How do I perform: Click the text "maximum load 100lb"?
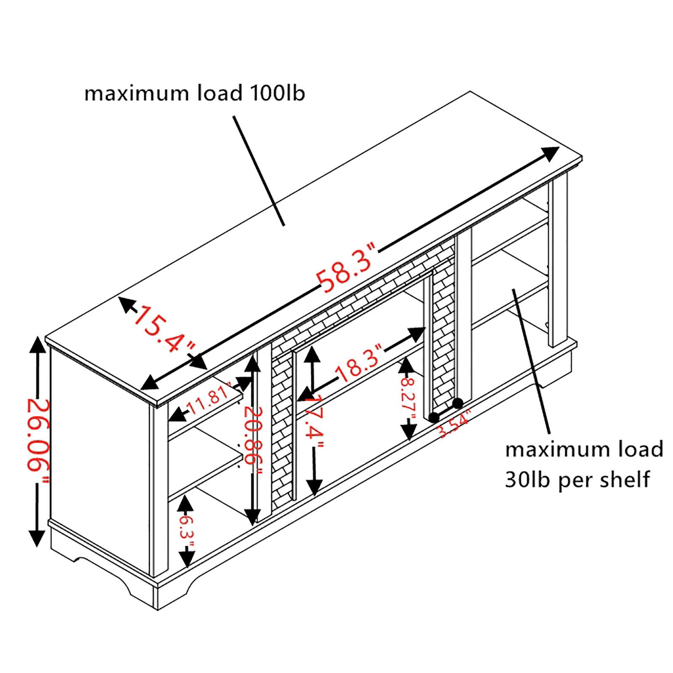[x=194, y=93]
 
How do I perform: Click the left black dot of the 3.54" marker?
[x=433, y=417]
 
